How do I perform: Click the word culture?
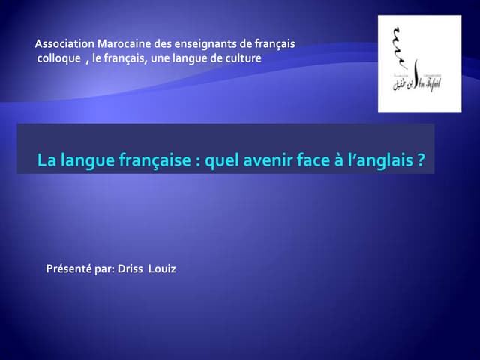tap(241, 58)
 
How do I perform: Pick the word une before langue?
tap(160, 58)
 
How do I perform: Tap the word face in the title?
tap(307, 160)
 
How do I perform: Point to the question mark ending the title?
tap(421, 160)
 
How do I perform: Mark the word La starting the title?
tap(46, 160)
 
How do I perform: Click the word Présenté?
tap(70, 268)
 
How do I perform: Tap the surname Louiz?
tap(163, 268)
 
